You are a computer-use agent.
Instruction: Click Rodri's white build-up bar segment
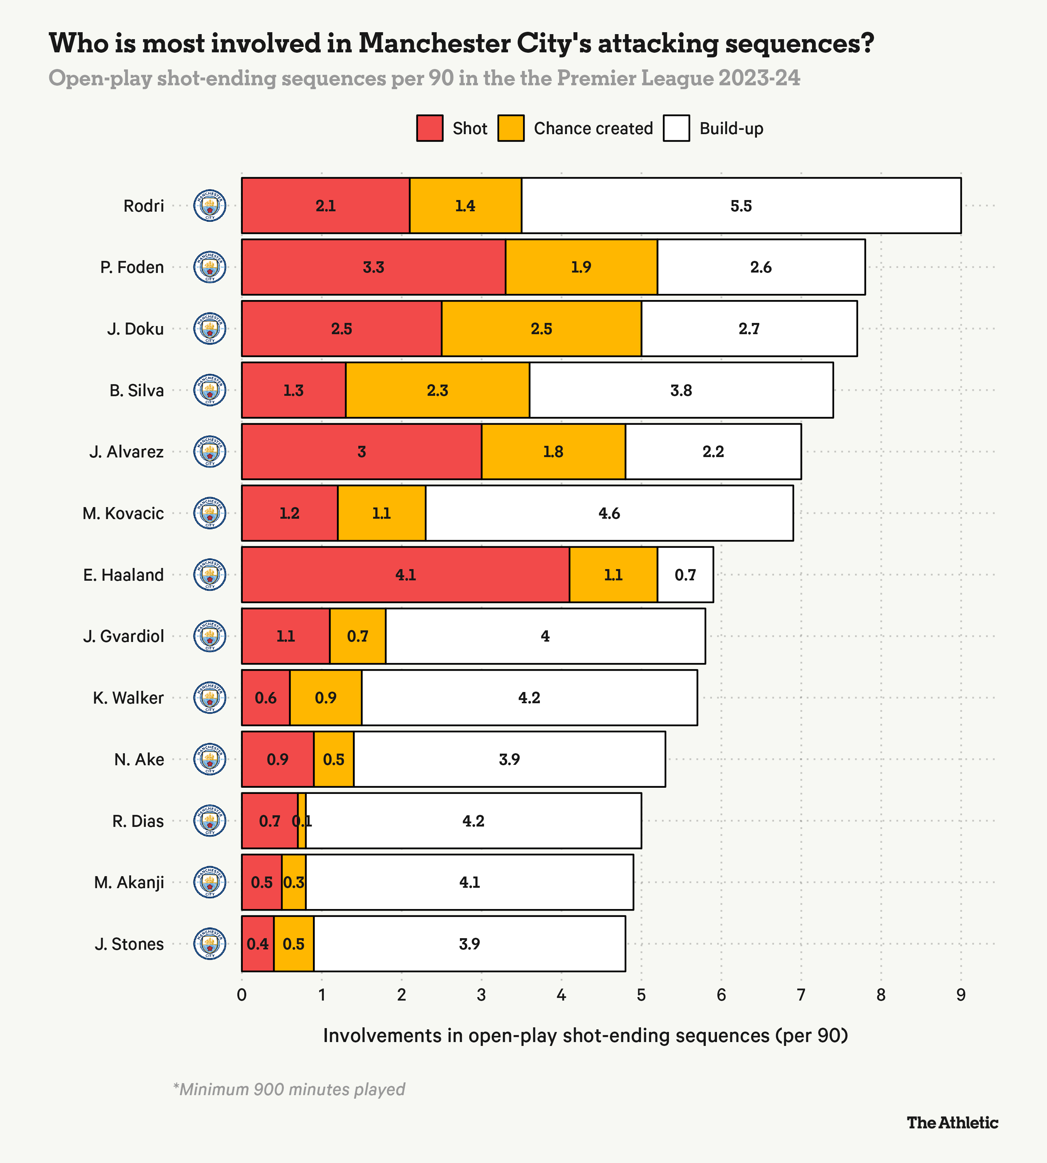tap(741, 205)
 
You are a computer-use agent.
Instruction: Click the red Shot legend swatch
tap(430, 128)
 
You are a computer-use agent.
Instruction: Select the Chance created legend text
tap(593, 128)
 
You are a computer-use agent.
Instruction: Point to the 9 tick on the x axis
tap(961, 995)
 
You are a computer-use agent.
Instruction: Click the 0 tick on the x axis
tap(242, 995)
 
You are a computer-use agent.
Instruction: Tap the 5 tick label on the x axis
tap(641, 995)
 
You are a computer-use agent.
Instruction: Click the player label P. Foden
tap(132, 267)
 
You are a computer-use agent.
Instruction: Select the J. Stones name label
tap(130, 944)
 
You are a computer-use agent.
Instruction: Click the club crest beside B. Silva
tap(210, 390)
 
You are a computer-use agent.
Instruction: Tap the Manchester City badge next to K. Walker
tap(210, 698)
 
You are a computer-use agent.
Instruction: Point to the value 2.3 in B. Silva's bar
tap(437, 390)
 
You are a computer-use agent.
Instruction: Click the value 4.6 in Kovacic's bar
tap(609, 513)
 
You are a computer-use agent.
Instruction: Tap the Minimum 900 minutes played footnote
tap(289, 1089)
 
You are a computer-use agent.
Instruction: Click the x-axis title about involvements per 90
tap(585, 1035)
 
